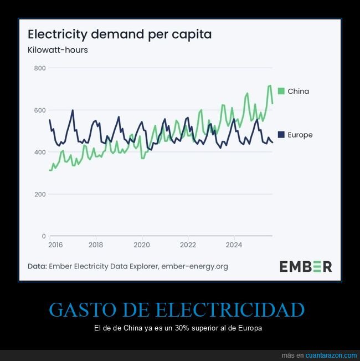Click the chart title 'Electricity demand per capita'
tap(120, 34)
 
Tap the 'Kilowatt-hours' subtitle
tap(58, 50)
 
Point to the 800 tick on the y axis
tap(39, 68)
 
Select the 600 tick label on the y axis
tap(39, 110)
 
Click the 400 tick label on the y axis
tap(39, 152)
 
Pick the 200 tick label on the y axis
tap(39, 194)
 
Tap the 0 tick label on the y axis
tap(43, 236)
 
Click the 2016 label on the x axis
tap(55, 245)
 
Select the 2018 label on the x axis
tap(96, 245)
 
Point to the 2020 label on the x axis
tap(142, 245)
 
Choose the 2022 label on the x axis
tap(188, 245)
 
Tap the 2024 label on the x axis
tap(234, 245)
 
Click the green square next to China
tap(281, 91)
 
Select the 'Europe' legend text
tap(300, 135)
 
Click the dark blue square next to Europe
tap(281, 135)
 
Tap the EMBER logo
tap(305, 266)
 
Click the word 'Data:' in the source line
tap(37, 266)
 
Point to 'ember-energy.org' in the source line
tap(194, 266)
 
